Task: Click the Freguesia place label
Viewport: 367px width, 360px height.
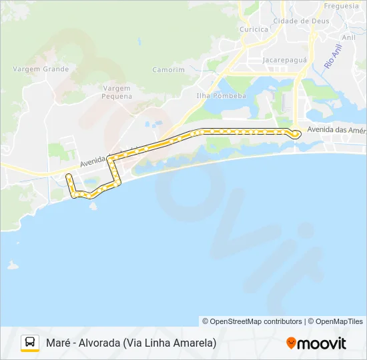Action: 341,6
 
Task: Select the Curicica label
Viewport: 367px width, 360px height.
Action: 254,29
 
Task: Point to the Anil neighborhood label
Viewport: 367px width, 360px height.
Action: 348,38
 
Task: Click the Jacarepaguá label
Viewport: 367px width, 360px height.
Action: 284,59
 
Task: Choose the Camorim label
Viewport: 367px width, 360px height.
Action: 169,69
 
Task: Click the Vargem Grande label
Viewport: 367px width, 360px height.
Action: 45,69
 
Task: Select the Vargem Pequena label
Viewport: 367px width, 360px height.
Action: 117,92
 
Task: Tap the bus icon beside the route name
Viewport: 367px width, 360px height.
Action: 29,343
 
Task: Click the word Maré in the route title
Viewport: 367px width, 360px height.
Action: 59,343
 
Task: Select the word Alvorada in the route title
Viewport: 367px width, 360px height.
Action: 97,343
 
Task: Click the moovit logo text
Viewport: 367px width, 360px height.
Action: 321,343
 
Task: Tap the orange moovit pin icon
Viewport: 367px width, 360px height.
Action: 291,343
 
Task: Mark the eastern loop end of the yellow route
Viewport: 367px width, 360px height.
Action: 296,133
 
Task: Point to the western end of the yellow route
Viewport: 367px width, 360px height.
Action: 68,176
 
